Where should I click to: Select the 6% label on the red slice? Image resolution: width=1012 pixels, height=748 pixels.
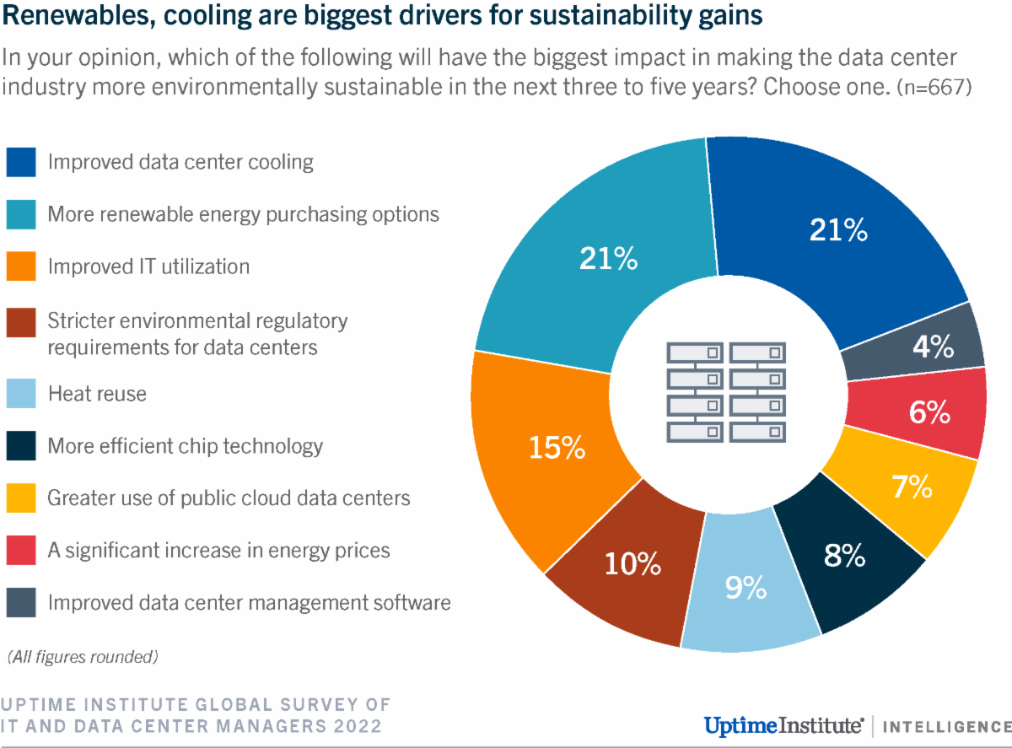tap(930, 412)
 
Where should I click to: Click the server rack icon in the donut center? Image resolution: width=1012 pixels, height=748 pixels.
tap(726, 391)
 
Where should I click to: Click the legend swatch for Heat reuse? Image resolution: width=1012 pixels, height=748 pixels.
tap(21, 393)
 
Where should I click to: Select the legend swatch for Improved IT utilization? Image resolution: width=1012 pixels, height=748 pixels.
tap(21, 267)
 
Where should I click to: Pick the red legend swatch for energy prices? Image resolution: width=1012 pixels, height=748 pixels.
tap(21, 551)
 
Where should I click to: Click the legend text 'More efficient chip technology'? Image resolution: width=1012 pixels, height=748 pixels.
tap(185, 445)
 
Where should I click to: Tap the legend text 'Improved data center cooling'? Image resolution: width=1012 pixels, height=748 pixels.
tap(180, 162)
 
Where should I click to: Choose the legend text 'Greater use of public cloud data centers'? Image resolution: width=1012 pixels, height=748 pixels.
tap(229, 498)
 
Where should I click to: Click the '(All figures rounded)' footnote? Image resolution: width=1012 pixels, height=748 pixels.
tap(82, 655)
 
